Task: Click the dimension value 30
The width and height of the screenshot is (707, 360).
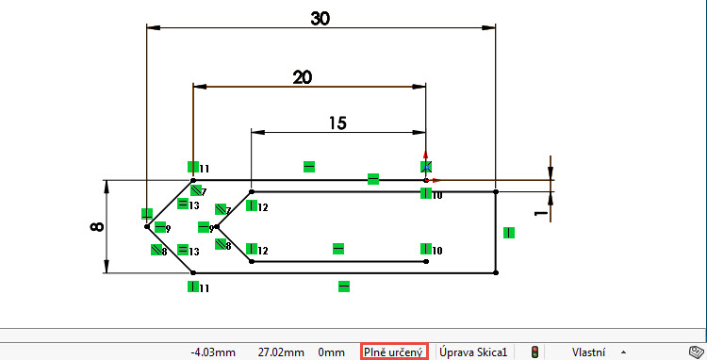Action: [321, 17]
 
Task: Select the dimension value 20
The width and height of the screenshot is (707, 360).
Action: [302, 77]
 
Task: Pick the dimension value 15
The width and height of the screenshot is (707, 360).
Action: [337, 123]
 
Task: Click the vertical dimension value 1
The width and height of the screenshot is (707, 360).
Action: [540, 214]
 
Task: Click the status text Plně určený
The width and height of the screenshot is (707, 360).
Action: [394, 352]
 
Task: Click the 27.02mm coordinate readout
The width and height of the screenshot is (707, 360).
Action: [280, 352]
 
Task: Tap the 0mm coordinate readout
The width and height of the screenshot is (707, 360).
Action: [331, 352]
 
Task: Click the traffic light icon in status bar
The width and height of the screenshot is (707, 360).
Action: [534, 352]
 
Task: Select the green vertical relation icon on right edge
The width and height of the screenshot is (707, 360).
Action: [509, 232]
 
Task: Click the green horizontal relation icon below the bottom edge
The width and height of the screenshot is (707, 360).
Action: [344, 286]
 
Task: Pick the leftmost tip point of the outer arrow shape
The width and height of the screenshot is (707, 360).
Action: [146, 226]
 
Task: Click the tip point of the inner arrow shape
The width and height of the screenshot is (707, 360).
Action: [216, 226]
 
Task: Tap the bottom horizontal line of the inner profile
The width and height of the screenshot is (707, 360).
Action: [377, 262]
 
